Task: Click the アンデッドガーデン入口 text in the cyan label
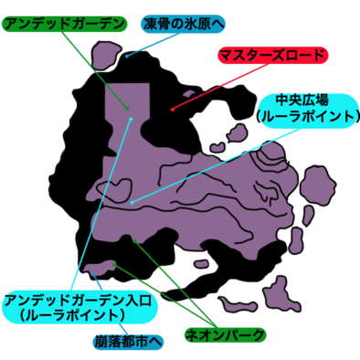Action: click(x=81, y=299)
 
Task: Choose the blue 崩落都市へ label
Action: click(x=127, y=342)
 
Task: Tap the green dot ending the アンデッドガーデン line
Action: click(x=131, y=116)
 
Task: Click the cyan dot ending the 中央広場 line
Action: click(x=132, y=201)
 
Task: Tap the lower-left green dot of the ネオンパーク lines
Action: click(x=114, y=265)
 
